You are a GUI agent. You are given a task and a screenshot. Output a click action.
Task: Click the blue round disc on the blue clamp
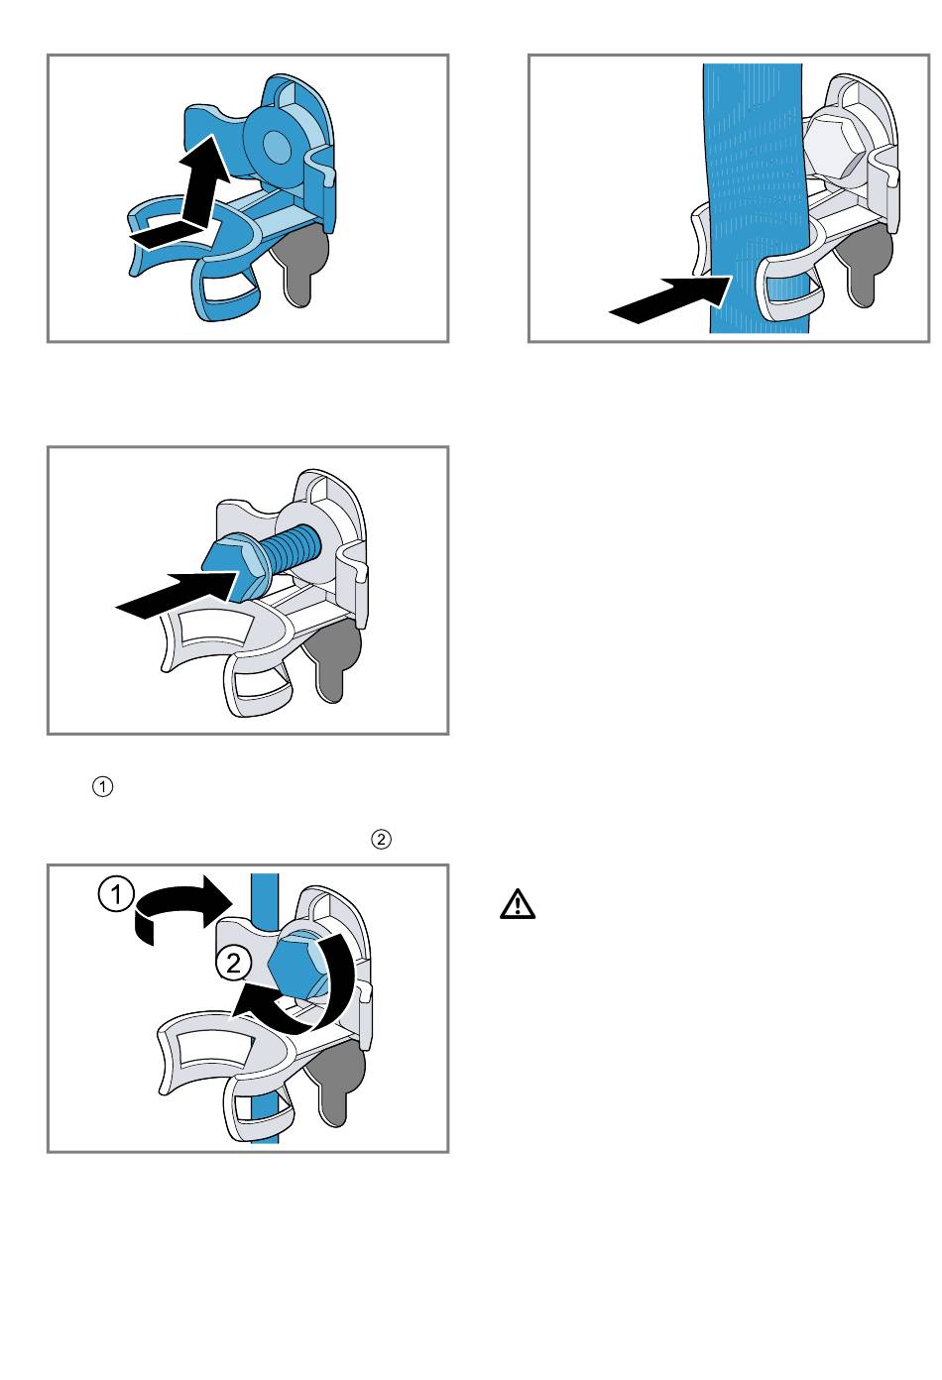277,146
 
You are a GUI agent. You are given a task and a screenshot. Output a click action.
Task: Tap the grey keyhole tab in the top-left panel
302,265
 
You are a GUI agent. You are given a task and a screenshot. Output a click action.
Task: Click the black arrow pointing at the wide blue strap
670,298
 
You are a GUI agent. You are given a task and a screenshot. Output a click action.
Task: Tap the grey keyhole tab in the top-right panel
866,266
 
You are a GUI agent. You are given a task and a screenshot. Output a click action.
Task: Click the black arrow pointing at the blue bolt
177,594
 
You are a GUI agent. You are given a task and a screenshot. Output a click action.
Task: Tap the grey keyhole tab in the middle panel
334,659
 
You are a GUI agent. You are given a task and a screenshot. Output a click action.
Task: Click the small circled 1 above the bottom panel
103,787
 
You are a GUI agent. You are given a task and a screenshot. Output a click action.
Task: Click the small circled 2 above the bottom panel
382,839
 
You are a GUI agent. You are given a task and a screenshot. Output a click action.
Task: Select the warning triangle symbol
518,904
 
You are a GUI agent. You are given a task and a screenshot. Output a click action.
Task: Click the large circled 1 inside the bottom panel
116,894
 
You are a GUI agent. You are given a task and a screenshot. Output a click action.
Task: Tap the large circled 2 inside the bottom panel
233,963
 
